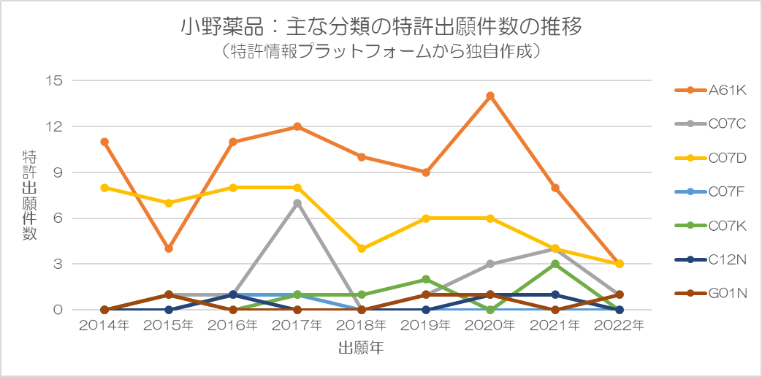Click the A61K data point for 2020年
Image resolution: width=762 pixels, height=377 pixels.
[490, 96]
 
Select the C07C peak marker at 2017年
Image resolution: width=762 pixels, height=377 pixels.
[297, 203]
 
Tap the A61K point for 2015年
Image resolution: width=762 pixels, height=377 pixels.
[169, 248]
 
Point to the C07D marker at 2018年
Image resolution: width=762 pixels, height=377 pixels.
[362, 248]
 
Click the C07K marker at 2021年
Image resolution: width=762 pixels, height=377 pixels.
[555, 264]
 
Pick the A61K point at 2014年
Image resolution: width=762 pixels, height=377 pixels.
[104, 142]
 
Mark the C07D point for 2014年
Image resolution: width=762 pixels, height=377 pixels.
[104, 188]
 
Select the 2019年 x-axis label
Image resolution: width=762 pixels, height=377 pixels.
[426, 326]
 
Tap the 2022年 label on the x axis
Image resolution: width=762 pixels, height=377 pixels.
[620, 326]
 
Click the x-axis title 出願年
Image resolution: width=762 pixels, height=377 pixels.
[361, 349]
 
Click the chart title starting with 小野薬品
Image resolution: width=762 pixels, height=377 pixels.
[381, 27]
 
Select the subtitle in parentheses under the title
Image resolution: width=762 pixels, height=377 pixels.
[381, 52]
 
